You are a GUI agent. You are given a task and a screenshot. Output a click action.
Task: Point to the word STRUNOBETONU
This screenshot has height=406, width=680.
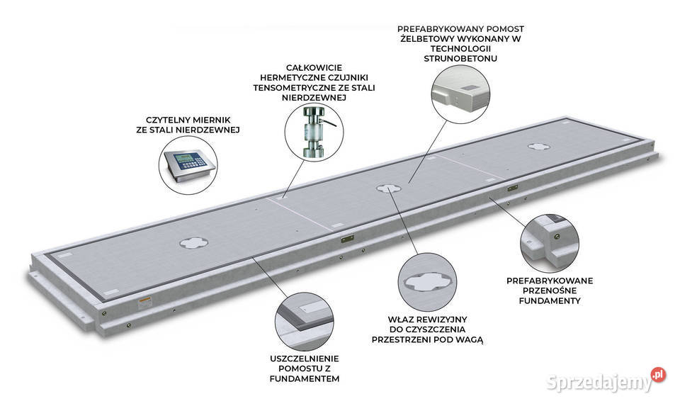pos(460,58)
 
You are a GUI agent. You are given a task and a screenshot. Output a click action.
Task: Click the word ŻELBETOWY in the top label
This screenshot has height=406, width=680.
pos(429,38)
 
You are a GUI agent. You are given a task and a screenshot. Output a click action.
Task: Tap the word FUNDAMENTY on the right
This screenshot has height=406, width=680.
pos(549,300)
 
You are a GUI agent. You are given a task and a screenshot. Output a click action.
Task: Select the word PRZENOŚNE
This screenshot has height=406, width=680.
pos(550,291)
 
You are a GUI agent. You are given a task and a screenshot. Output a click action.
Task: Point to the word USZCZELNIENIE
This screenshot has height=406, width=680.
pos(307,359)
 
